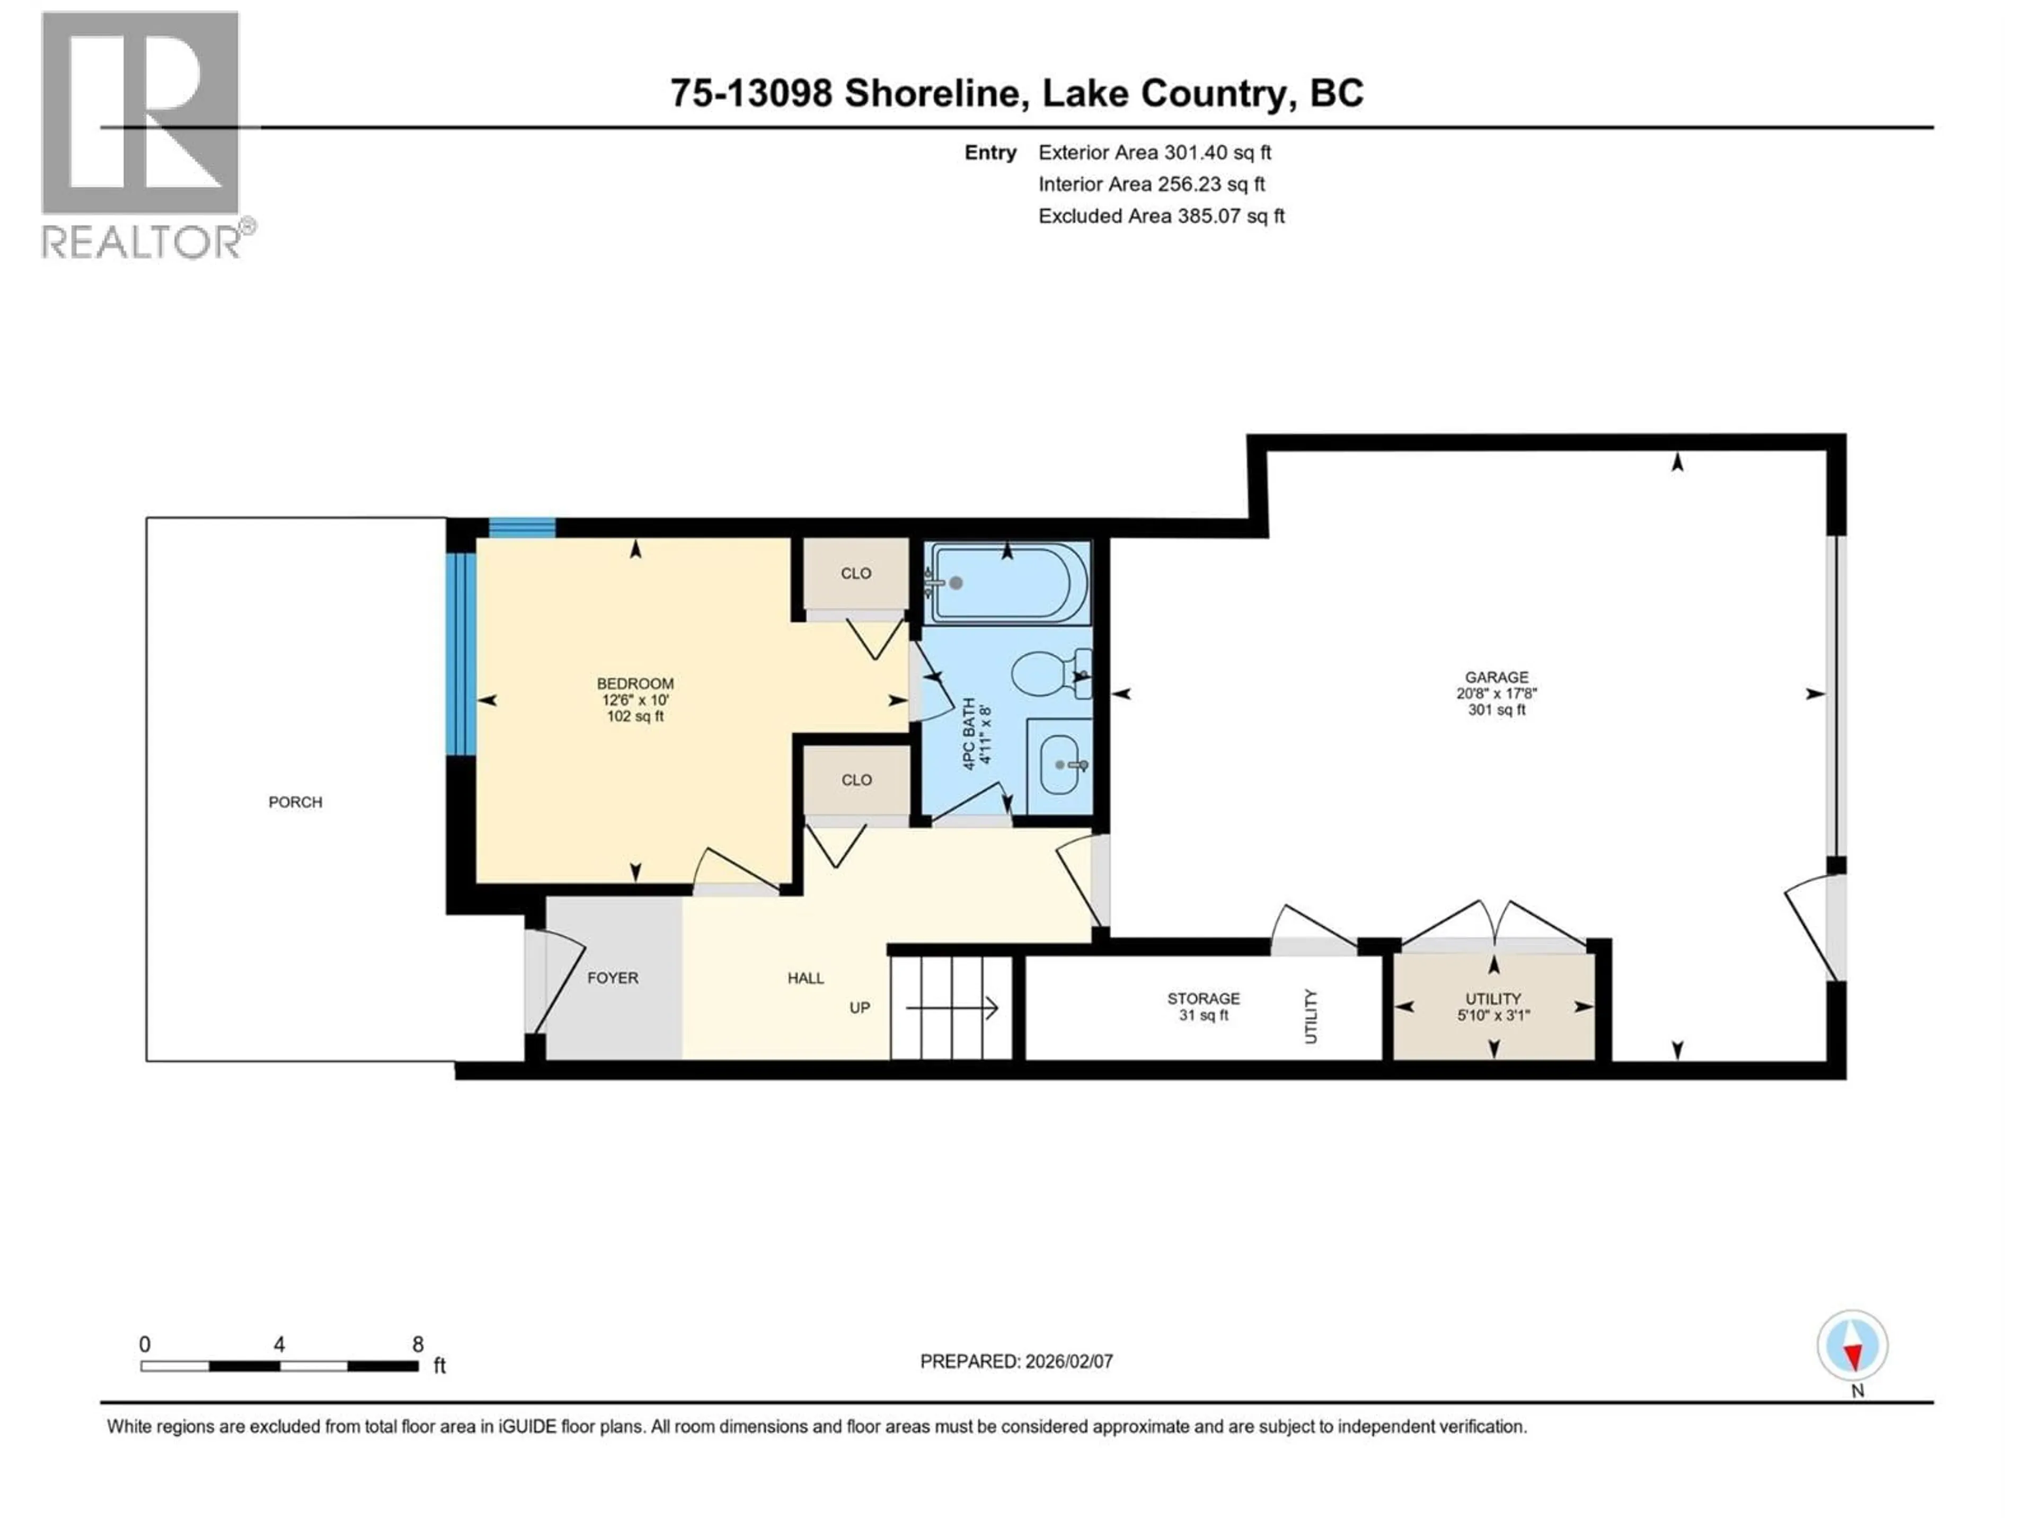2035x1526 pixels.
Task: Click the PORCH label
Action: coord(295,802)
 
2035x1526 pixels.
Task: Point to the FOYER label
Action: coord(612,978)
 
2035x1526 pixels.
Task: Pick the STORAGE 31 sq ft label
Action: coord(1204,1006)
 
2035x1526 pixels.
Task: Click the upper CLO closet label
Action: coord(855,573)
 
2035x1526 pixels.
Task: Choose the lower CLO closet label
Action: coord(855,780)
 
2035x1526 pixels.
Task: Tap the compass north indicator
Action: coord(1853,1346)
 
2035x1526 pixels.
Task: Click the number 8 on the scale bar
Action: coord(418,1344)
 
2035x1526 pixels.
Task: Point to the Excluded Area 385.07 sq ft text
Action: coord(1161,216)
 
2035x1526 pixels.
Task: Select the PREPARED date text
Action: coord(1016,1361)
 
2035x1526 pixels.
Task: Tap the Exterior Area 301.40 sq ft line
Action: coord(1155,153)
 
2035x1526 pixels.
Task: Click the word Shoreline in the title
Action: coord(931,93)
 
